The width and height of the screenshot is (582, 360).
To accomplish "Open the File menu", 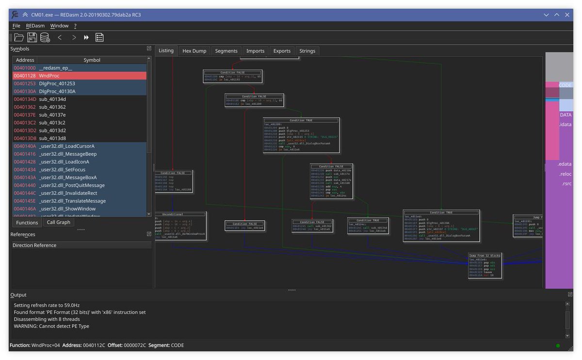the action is pyautogui.click(x=16, y=26).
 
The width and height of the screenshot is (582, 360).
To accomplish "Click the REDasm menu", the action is pyautogui.click(x=35, y=26).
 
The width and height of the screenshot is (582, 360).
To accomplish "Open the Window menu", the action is pyautogui.click(x=59, y=26).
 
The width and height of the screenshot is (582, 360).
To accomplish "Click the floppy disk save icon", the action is pyautogui.click(x=32, y=37).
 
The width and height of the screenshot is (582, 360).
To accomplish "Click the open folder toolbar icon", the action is pyautogui.click(x=19, y=37).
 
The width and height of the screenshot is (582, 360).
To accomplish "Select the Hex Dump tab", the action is pyautogui.click(x=194, y=51).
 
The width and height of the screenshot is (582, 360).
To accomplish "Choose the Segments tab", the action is pyautogui.click(x=226, y=51).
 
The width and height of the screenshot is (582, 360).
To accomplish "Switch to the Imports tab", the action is pyautogui.click(x=255, y=51).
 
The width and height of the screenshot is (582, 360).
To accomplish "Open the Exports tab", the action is pyautogui.click(x=282, y=51).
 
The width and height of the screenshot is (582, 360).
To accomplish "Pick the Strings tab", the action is pyautogui.click(x=307, y=51).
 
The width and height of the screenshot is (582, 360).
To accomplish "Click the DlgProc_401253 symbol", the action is pyautogui.click(x=57, y=83).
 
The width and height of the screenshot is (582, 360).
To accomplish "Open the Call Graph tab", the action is pyautogui.click(x=58, y=222).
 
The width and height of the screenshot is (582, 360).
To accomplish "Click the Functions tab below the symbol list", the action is pyautogui.click(x=27, y=223).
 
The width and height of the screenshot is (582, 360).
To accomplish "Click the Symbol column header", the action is pyautogui.click(x=92, y=60).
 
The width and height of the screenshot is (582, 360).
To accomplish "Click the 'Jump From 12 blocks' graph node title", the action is pyautogui.click(x=484, y=255).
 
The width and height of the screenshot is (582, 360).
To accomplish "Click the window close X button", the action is pyautogui.click(x=566, y=15).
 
